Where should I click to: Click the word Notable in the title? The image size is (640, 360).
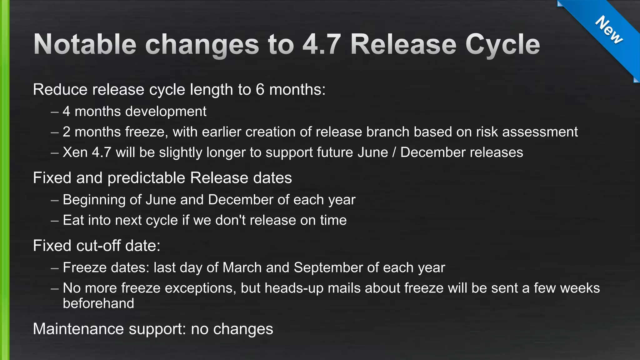click(85, 44)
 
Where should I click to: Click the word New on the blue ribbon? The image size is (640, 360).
click(609, 30)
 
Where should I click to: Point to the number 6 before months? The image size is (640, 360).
click(260, 90)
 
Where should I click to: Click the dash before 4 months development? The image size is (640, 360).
click(55, 112)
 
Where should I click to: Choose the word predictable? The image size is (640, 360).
click(147, 178)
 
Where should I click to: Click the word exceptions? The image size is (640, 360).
click(200, 288)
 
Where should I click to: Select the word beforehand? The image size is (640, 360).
click(98, 303)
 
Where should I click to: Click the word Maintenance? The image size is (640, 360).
click(78, 329)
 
